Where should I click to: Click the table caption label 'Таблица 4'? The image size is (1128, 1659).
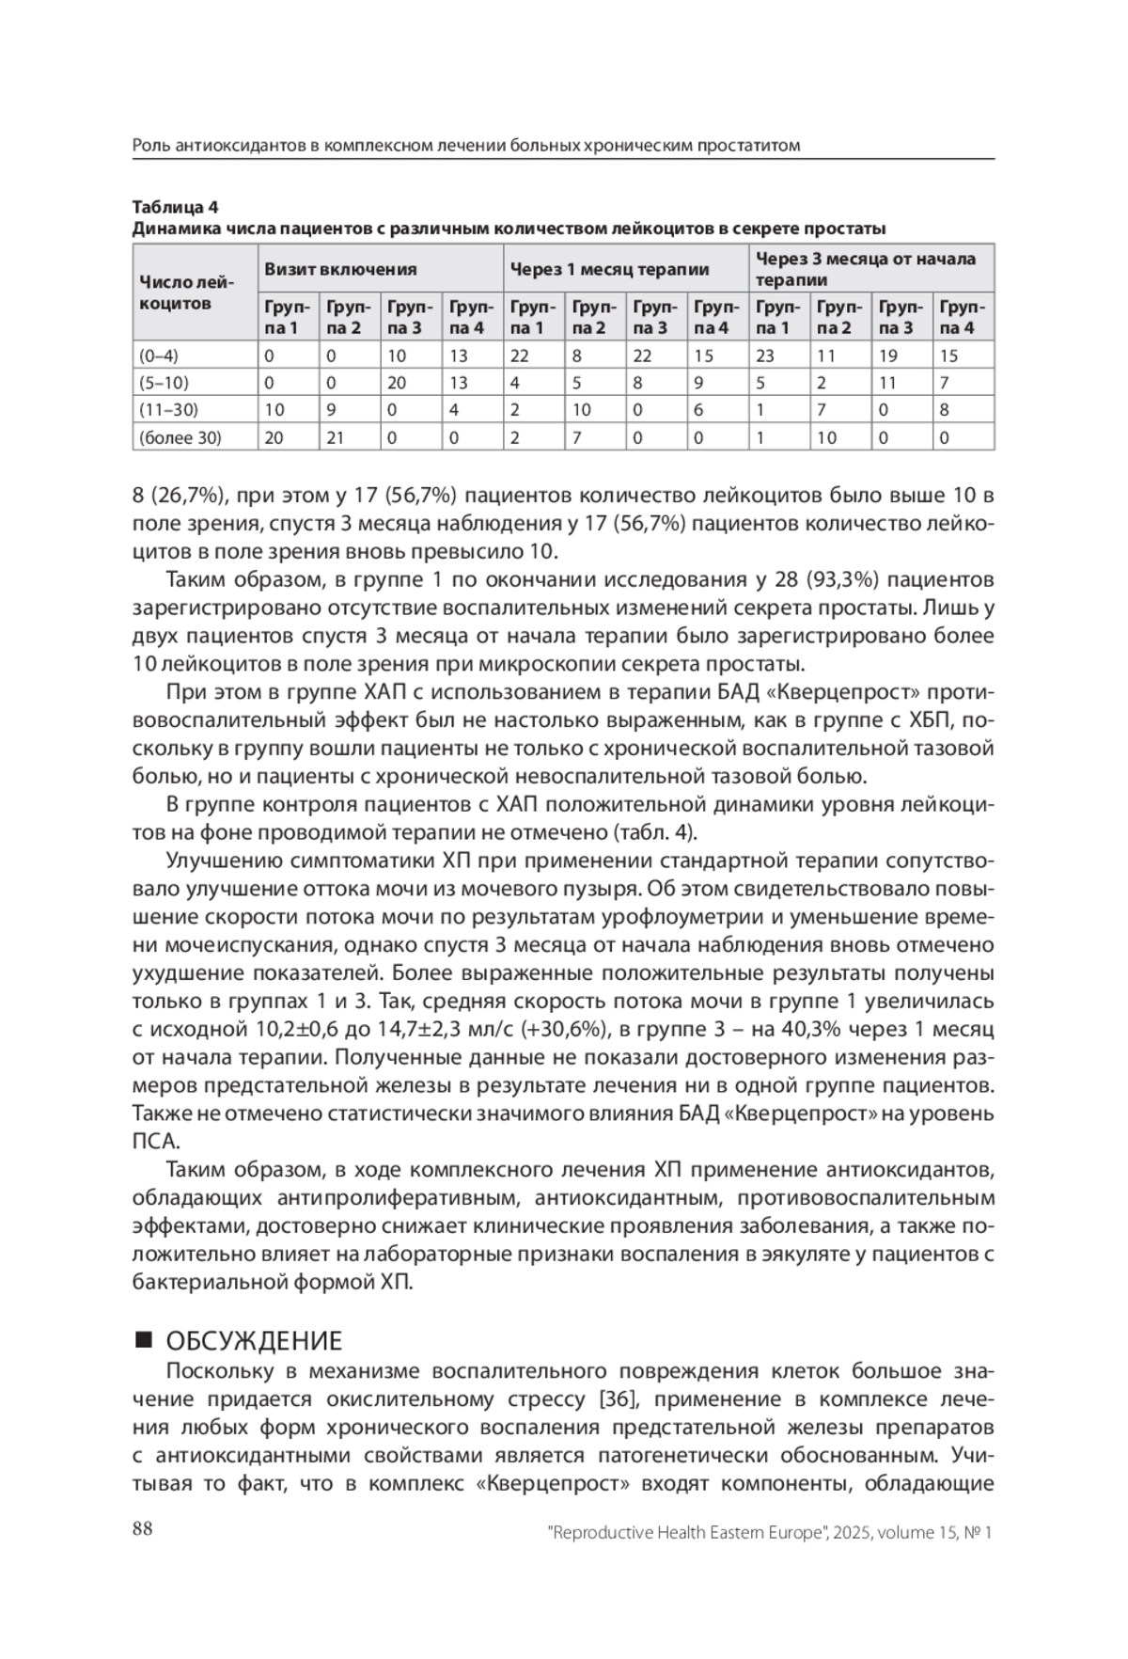(175, 207)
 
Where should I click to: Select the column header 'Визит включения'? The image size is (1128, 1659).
(339, 269)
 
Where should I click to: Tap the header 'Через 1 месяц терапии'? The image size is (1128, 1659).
(609, 269)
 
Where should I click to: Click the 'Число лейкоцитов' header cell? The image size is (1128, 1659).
(186, 292)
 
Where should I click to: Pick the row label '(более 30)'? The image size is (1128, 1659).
(180, 437)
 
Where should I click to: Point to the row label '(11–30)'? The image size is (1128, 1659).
(168, 410)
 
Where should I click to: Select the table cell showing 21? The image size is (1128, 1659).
(336, 437)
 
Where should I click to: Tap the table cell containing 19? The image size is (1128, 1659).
(888, 355)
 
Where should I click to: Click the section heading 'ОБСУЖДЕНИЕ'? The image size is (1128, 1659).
(254, 1340)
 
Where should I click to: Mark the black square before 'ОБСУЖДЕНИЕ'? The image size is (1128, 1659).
(143, 1339)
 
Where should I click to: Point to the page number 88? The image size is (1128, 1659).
(143, 1528)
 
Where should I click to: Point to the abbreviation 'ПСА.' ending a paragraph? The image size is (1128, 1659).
(156, 1142)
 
